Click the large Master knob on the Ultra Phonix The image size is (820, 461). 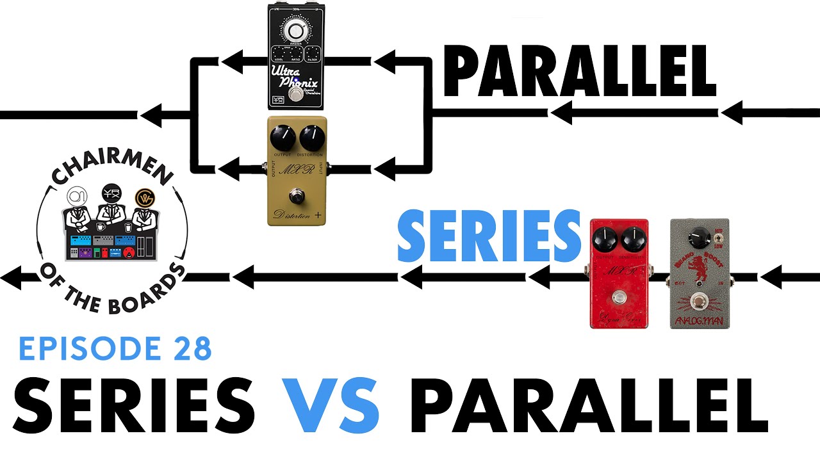tap(296, 31)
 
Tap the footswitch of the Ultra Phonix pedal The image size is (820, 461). tap(295, 95)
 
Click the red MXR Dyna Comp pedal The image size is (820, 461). tap(619, 273)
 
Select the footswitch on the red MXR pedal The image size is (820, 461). tap(618, 297)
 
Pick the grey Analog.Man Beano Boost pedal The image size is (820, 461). tap(698, 273)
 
